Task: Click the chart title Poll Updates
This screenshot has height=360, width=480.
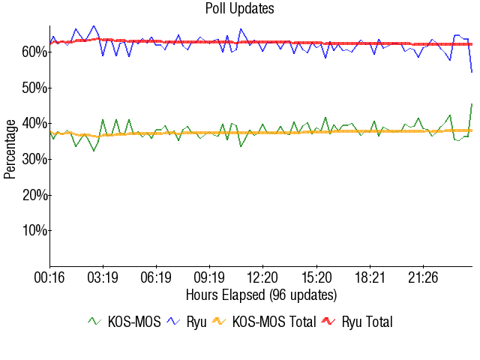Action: click(240, 9)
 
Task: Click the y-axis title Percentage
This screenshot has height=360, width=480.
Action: click(10, 147)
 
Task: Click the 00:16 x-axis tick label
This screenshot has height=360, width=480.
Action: click(50, 278)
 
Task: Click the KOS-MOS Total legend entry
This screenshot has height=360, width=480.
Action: click(262, 322)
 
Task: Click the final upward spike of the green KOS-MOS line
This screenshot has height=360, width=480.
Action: click(472, 104)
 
